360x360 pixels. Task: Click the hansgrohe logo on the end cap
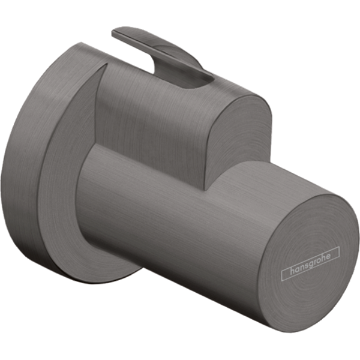311,263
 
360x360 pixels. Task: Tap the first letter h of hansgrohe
293,271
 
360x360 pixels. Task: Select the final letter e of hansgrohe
329,256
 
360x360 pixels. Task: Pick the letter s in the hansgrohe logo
308,265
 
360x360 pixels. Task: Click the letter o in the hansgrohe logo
319,260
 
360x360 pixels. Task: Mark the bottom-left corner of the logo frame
282,280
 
